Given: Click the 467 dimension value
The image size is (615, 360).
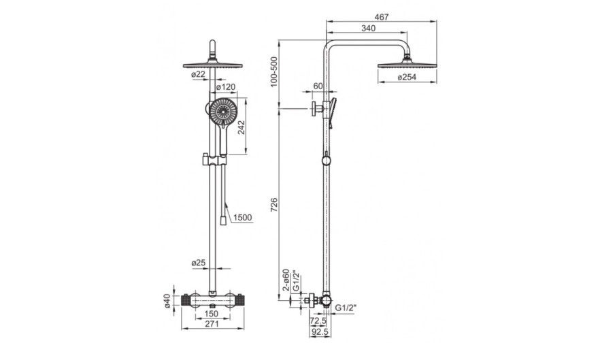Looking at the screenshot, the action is coord(381,17).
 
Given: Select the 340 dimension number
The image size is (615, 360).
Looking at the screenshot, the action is coord(368,28).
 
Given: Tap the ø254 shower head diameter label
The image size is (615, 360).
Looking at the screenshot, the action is coord(407,78).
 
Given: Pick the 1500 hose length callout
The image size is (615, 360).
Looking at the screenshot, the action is coord(242,218).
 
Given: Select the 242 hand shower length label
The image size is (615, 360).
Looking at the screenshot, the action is coord(242,127).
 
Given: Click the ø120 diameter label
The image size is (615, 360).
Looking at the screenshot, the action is coord(226,86).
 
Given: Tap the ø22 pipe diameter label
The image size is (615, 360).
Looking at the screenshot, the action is coord(198,74).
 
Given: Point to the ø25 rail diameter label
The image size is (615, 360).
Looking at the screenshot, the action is coord(199,263).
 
